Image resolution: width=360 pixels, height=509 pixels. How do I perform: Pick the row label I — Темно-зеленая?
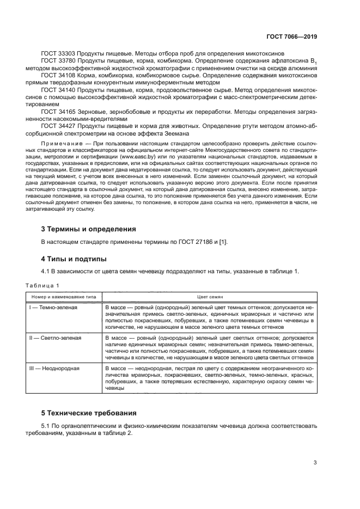(x=53, y=308)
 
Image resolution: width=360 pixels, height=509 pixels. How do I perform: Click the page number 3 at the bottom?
(x=315, y=463)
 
